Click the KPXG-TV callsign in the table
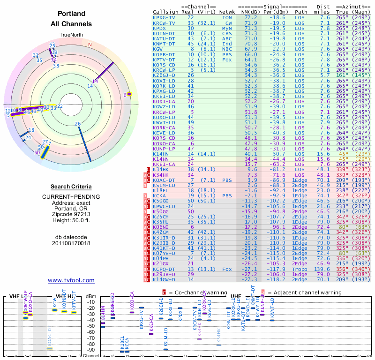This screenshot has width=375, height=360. (x=165, y=17)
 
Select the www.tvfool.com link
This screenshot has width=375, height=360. (x=71, y=280)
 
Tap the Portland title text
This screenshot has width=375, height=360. (x=71, y=14)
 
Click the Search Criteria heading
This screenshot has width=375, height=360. (x=71, y=187)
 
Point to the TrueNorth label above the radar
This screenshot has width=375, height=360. (x=71, y=35)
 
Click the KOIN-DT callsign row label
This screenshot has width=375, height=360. (x=165, y=33)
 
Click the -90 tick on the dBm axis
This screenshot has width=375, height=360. (x=91, y=350)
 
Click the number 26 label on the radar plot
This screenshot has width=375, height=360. (x=78, y=124)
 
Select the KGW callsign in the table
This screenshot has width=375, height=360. (x=158, y=49)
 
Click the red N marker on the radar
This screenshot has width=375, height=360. (x=90, y=45)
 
